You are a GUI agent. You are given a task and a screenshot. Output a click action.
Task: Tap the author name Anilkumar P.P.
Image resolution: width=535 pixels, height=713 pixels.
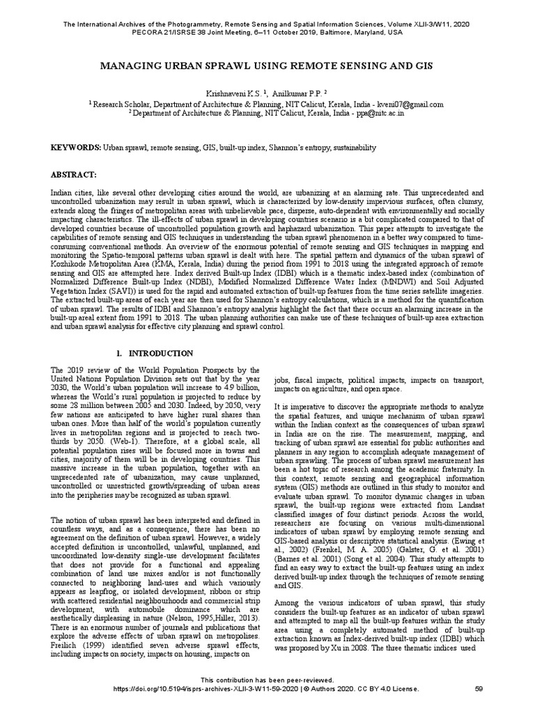pos(288,93)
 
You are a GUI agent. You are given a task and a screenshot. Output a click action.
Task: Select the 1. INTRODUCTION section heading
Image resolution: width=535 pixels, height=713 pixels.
pos(155,354)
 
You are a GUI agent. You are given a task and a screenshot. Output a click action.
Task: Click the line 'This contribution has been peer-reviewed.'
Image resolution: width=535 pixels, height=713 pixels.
pos(267,680)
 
